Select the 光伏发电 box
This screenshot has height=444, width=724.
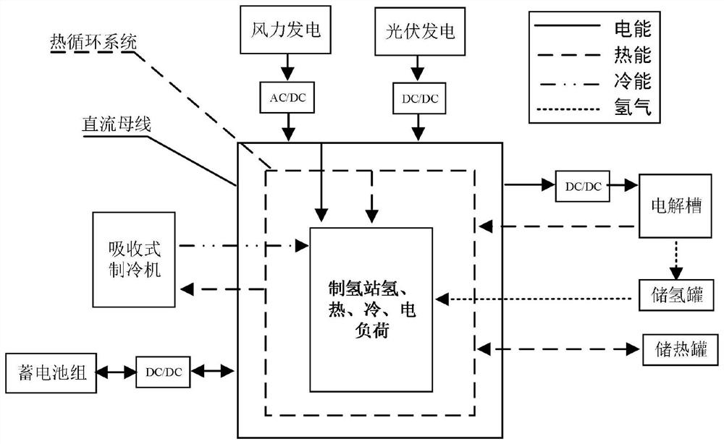(x=416, y=31)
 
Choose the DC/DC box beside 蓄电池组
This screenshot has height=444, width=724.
(x=164, y=372)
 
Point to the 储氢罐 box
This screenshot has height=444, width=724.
(x=677, y=296)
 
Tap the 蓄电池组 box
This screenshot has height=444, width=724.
(x=50, y=372)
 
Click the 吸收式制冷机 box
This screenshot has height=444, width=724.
(x=134, y=259)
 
